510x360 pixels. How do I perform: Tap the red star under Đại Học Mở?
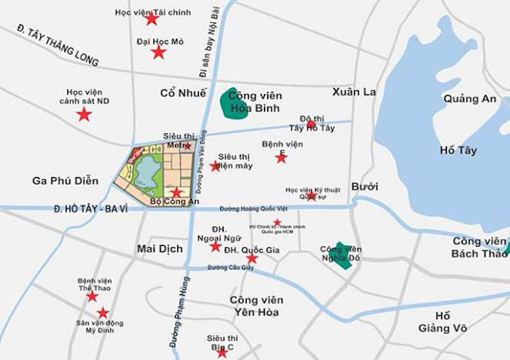click(159, 52)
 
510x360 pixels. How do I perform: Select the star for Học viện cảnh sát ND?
click(84, 115)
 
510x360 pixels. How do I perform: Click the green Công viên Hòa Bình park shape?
click(232, 103)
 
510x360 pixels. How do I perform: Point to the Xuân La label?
click(354, 92)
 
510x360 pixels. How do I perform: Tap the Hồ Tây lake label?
click(458, 150)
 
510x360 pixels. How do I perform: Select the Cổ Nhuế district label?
click(183, 93)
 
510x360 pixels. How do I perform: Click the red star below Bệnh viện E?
click(281, 157)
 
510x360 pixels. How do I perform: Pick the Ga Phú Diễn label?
click(66, 180)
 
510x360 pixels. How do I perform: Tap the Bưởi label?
click(365, 187)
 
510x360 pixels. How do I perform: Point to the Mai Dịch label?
click(160, 248)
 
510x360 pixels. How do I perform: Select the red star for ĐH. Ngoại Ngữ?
click(215, 246)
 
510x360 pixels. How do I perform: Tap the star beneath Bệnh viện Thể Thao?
click(92, 296)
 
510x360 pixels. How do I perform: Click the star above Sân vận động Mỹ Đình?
click(103, 313)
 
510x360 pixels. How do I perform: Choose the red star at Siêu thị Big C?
click(222, 352)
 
